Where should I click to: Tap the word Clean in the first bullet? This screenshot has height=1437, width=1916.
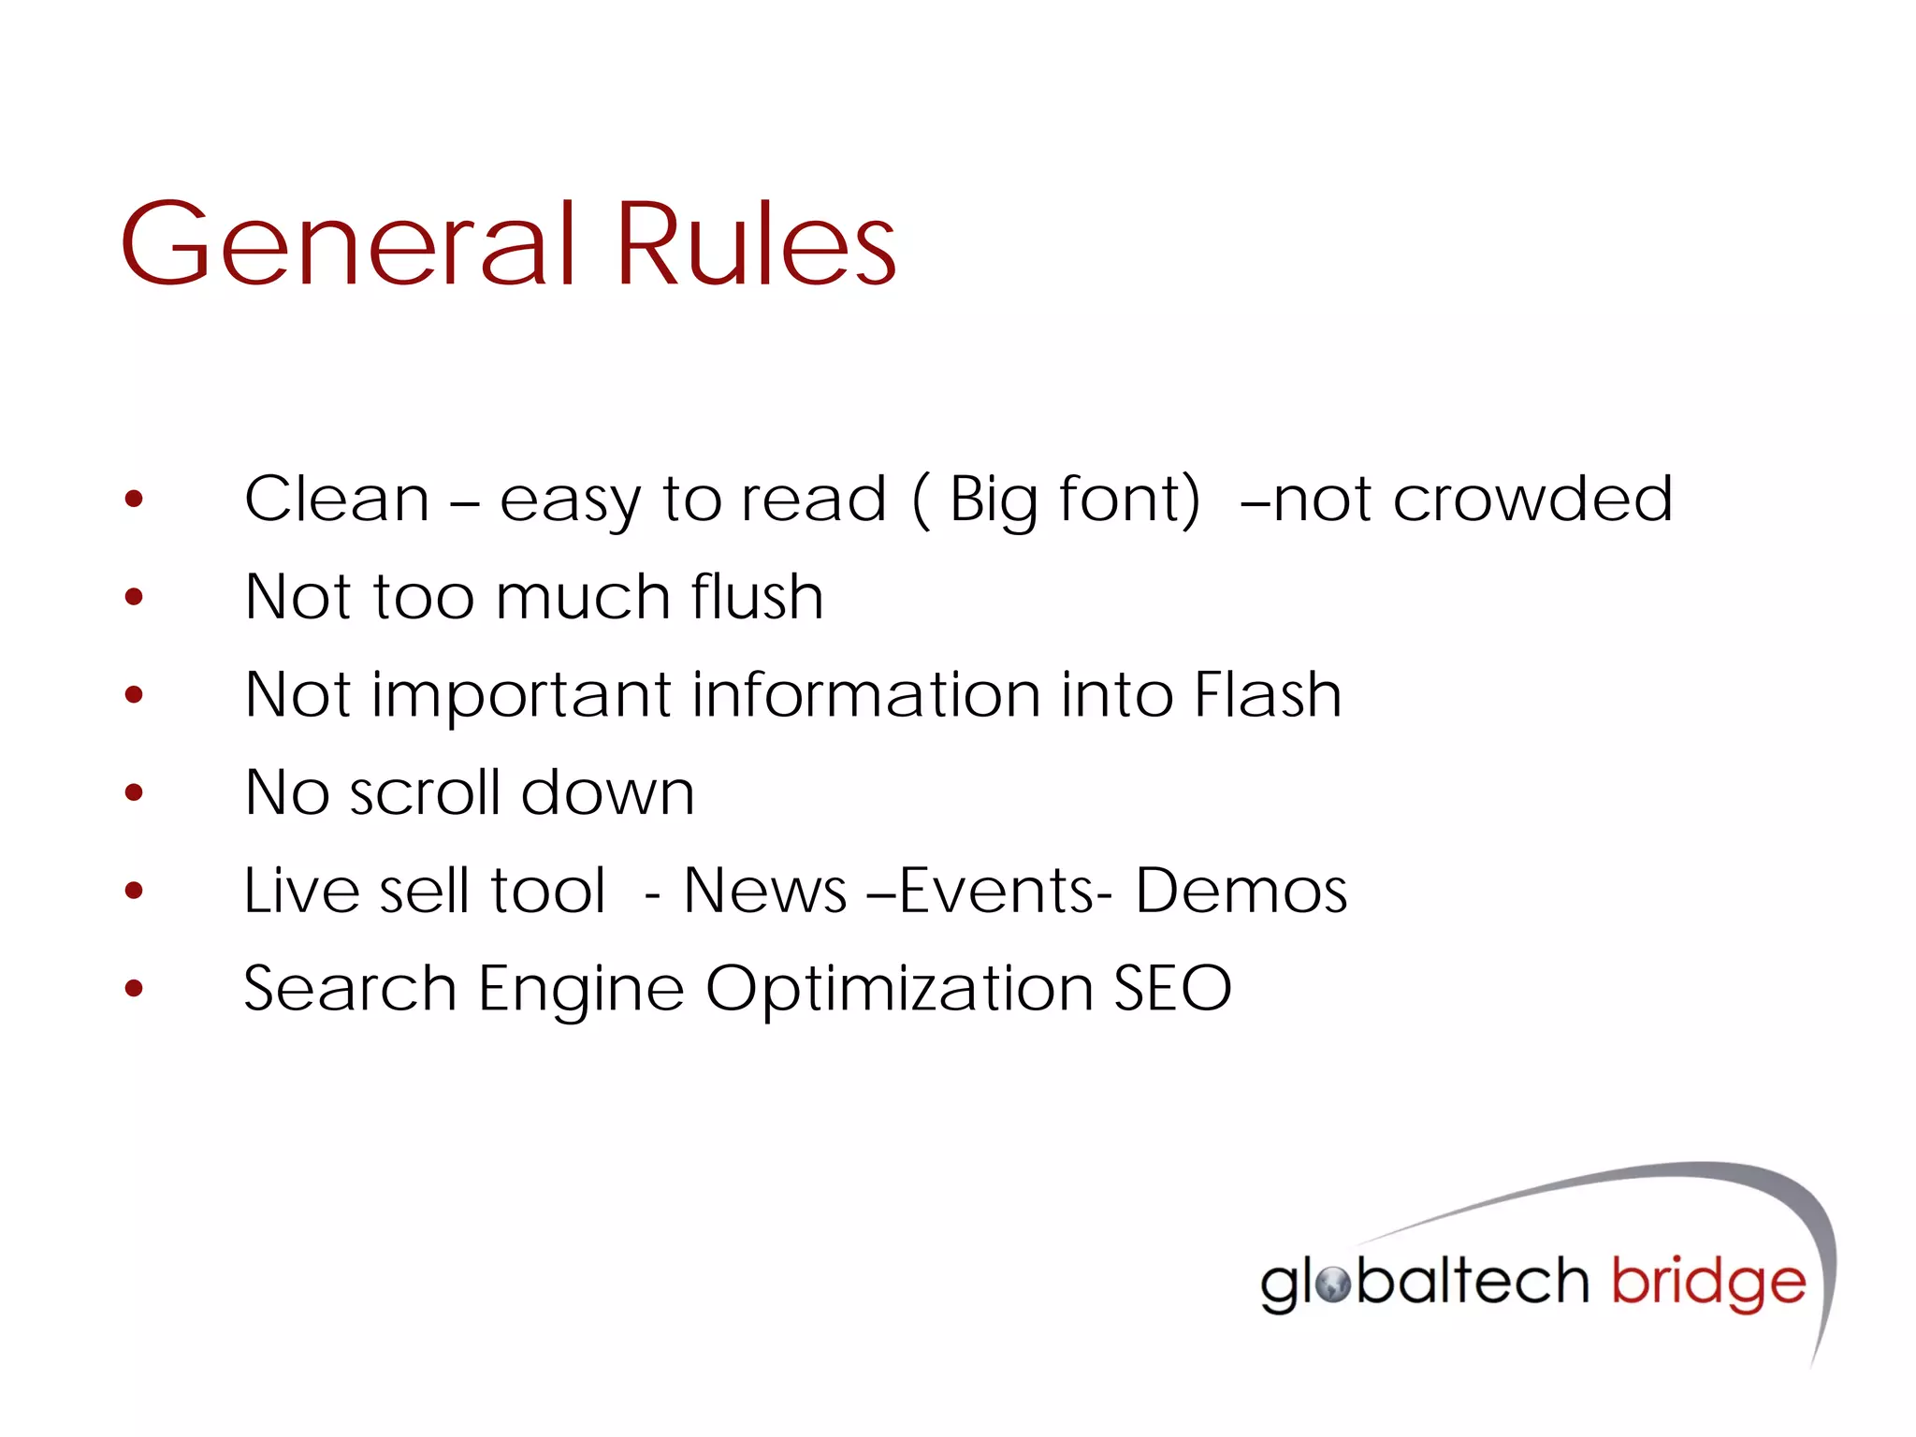(x=337, y=499)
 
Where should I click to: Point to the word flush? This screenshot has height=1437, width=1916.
(x=758, y=597)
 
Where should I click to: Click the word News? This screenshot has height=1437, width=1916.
(x=764, y=891)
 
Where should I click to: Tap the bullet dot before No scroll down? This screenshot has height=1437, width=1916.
(x=134, y=793)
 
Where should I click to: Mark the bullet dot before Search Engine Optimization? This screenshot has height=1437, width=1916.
(x=134, y=988)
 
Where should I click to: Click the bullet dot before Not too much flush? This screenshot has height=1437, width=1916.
(x=134, y=597)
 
